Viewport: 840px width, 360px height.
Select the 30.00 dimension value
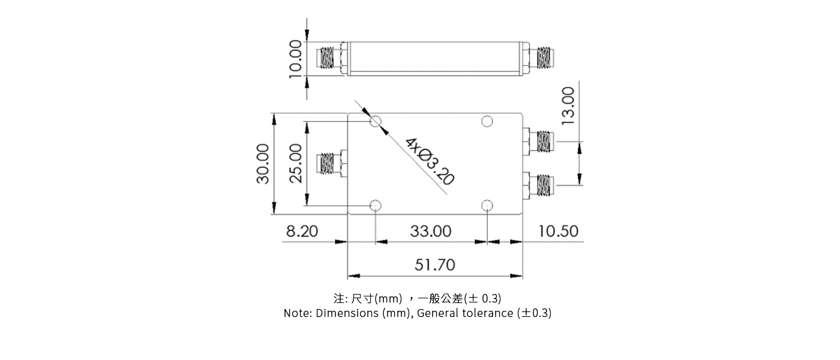click(x=262, y=163)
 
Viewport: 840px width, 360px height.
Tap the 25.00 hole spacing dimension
click(x=295, y=164)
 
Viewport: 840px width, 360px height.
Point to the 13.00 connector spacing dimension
click(x=568, y=105)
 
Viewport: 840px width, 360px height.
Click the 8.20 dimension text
click(x=301, y=231)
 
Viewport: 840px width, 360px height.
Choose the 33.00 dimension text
click(x=431, y=231)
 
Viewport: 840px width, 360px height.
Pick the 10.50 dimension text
click(x=558, y=231)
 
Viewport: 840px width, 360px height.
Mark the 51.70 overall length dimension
click(x=435, y=265)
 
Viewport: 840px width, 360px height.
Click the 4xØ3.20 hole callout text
click(x=430, y=160)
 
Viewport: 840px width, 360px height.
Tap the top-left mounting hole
click(x=376, y=122)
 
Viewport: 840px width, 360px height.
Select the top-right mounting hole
click(x=487, y=122)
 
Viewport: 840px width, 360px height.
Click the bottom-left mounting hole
click(x=376, y=206)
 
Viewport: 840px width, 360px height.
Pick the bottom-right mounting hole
click(x=487, y=206)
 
